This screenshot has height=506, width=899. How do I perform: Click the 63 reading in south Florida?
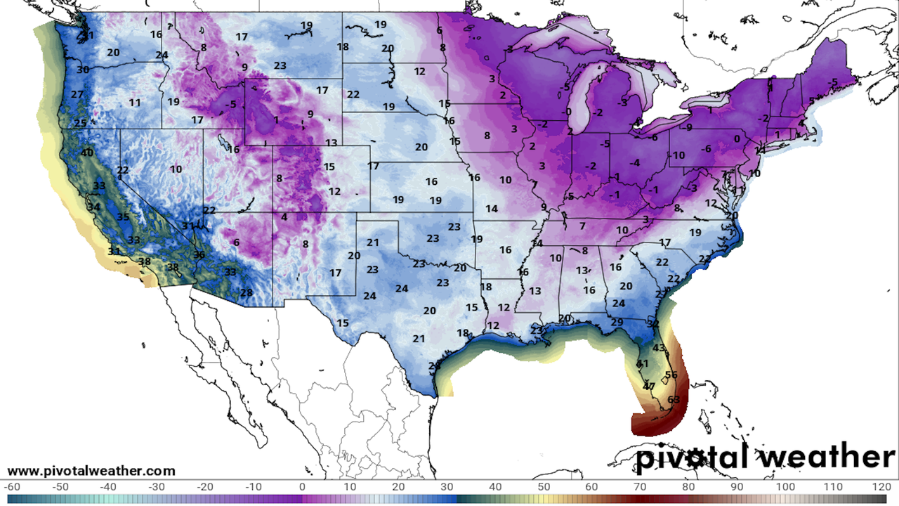click(674, 400)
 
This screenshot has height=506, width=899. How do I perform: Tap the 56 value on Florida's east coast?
click(671, 375)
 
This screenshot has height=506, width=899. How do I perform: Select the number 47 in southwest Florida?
click(649, 387)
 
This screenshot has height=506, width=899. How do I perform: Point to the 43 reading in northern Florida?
click(659, 348)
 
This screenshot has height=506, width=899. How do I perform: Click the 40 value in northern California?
click(87, 153)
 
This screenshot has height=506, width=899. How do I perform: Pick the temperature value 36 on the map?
click(199, 255)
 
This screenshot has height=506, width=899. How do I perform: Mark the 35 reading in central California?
click(123, 217)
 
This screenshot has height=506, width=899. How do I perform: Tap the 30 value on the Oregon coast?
click(83, 70)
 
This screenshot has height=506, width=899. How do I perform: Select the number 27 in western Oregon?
click(77, 95)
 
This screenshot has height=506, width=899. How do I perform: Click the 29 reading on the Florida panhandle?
click(617, 323)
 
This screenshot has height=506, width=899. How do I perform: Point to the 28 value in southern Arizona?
click(246, 293)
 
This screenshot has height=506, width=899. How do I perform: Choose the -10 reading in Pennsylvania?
click(677, 155)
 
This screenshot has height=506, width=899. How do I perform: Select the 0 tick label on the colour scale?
click(302, 486)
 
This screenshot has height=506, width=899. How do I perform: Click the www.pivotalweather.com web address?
click(91, 471)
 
